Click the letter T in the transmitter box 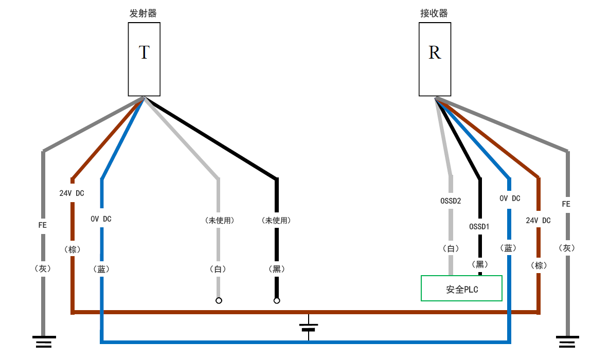click(144, 52)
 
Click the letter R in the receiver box click(435, 52)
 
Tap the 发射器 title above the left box click(142, 13)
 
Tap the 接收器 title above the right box click(434, 13)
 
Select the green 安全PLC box click(461, 289)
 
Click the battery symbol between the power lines click(309, 327)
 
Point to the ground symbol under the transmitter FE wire click(43, 341)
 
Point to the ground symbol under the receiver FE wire click(567, 341)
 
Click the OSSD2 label click(450, 201)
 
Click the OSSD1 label click(479, 226)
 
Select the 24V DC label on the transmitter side click(72, 193)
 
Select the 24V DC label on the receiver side click(538, 221)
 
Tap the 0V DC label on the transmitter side click(101, 219)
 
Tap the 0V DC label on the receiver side click(510, 199)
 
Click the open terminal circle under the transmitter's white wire click(219, 300)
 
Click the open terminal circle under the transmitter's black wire click(277, 300)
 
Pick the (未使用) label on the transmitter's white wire click(219, 221)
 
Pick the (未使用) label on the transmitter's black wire click(276, 221)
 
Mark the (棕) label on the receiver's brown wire click(538, 265)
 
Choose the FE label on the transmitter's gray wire click(43, 225)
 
